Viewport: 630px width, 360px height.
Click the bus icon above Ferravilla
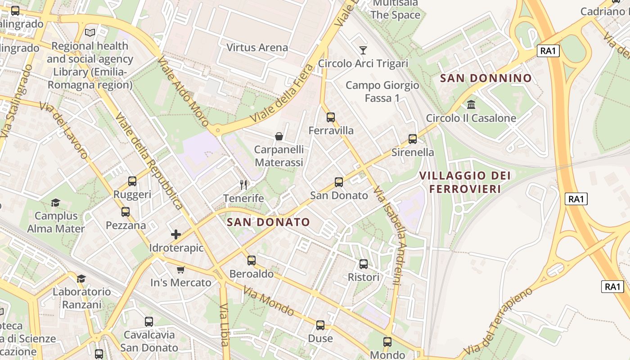[331, 117]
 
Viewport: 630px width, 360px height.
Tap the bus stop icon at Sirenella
[413, 139]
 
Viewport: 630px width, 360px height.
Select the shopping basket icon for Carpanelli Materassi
[279, 136]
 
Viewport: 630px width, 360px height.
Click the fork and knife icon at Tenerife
[243, 184]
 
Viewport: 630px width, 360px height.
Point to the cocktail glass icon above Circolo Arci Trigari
[363, 50]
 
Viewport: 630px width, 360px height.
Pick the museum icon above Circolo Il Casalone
[471, 105]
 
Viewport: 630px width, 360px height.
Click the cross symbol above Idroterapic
[176, 234]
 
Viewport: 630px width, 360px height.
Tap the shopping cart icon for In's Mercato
[180, 270]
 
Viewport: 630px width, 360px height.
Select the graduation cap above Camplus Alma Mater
[56, 203]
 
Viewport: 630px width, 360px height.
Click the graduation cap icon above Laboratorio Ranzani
[81, 279]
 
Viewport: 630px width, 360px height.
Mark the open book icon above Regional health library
[90, 32]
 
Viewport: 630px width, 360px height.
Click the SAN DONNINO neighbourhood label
[486, 78]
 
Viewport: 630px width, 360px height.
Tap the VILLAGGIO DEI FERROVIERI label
[465, 182]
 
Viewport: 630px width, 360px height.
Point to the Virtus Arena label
[257, 47]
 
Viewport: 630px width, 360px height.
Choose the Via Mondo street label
[269, 301]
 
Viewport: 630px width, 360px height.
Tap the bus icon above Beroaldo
[252, 260]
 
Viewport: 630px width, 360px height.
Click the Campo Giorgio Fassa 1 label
[382, 91]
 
